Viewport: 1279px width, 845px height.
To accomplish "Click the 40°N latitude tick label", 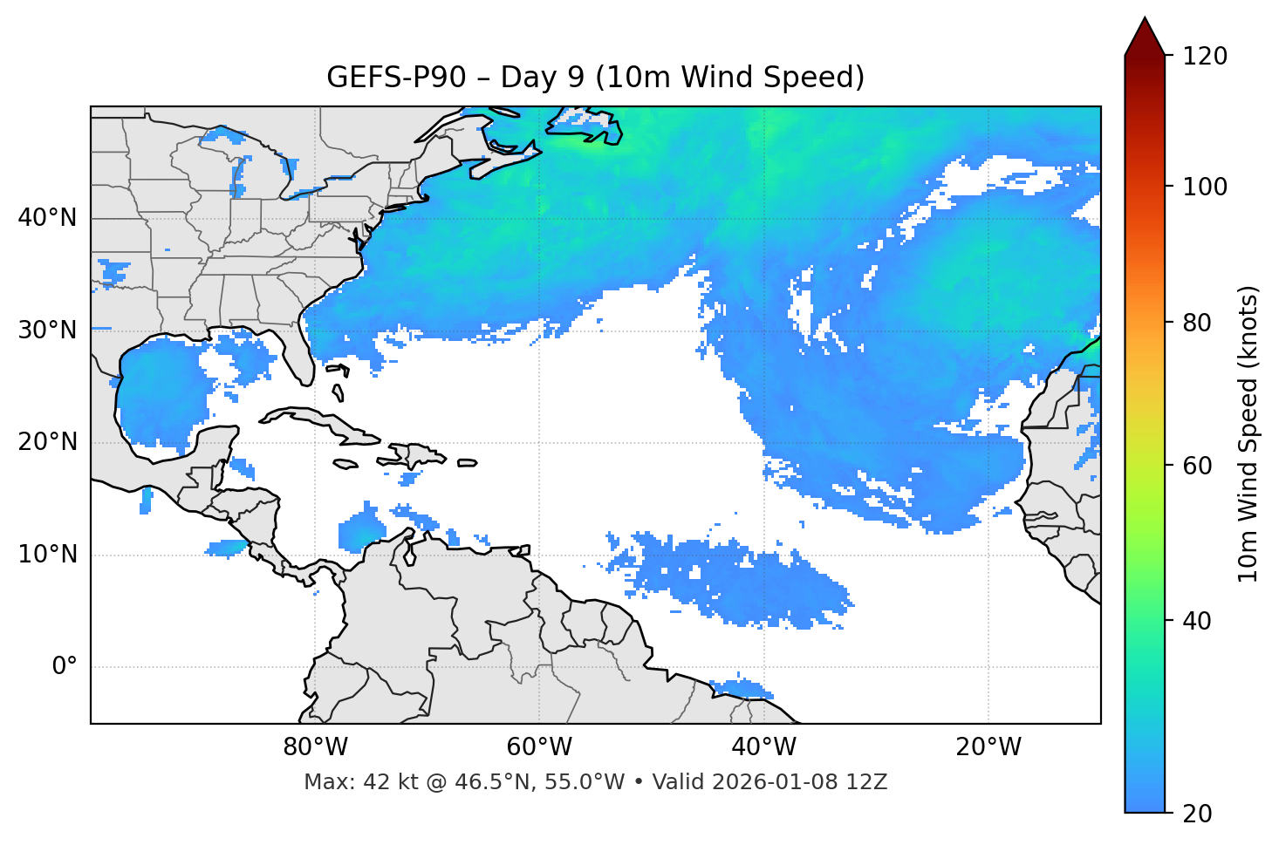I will (47, 218).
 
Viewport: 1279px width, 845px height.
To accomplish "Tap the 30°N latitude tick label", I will (47, 331).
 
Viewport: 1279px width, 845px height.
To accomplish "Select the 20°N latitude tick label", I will (47, 442).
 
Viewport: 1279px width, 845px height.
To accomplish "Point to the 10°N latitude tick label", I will (47, 555).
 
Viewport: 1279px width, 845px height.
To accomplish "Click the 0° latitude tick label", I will (64, 667).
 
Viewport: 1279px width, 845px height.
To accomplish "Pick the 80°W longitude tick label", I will (315, 747).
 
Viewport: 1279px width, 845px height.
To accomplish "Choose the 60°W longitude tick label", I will (539, 747).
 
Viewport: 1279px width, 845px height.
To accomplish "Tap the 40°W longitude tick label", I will (764, 747).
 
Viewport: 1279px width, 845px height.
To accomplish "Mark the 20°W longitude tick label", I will (988, 747).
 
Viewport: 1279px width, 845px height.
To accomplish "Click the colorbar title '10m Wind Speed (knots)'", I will (1249, 433).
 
